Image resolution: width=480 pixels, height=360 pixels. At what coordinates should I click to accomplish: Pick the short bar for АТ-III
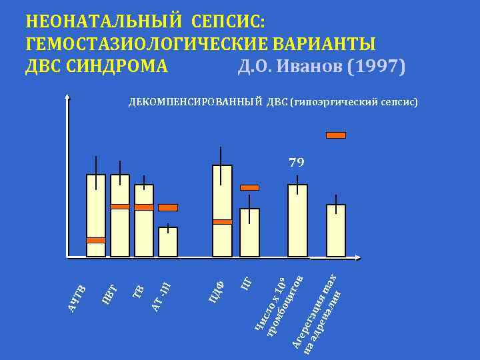[x=168, y=242]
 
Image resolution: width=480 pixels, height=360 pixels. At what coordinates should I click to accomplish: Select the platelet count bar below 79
[x=297, y=220]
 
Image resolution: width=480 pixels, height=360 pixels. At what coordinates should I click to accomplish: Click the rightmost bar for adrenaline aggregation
[x=336, y=230]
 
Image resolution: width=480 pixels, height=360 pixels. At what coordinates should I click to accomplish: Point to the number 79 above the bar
[x=297, y=162]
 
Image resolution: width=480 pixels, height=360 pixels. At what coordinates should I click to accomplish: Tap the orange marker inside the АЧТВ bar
[x=96, y=240]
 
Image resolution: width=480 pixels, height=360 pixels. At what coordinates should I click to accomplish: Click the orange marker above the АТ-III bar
[x=168, y=207]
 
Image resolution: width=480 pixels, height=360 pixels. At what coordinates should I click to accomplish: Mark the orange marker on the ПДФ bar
[x=222, y=221]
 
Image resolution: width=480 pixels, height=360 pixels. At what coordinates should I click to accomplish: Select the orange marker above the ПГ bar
[x=249, y=187]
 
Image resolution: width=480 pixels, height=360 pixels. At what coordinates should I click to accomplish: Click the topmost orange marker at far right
[x=336, y=135]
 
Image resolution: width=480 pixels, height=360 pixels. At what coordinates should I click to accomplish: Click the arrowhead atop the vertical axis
[x=68, y=97]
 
